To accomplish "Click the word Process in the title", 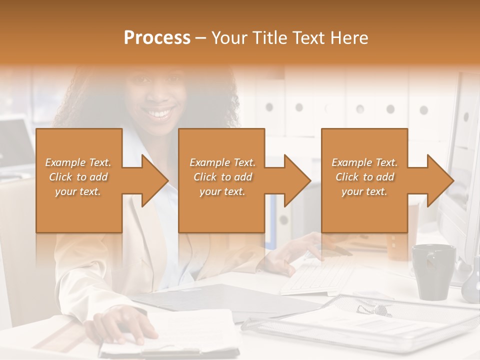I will coord(157,38).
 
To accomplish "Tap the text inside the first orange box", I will coord(78,177).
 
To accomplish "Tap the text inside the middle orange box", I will coord(222,177).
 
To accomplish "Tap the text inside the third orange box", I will coord(364,177).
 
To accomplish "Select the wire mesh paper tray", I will coord(360,320).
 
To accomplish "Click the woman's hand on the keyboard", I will coord(300,250).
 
